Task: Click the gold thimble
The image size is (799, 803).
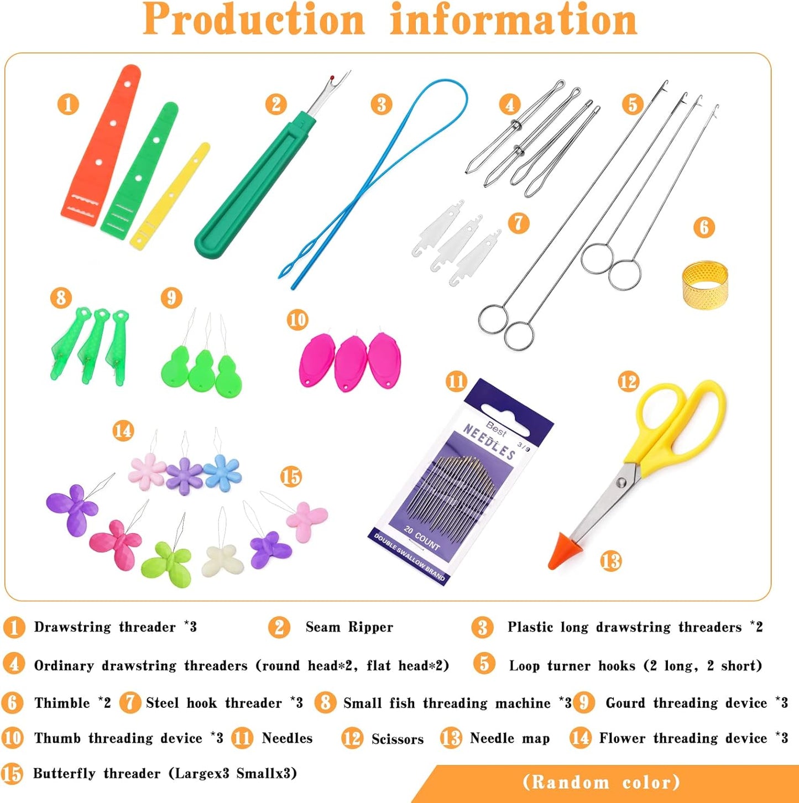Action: [705, 285]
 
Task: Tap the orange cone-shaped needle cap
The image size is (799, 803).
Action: [562, 551]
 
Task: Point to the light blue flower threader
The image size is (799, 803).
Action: [222, 472]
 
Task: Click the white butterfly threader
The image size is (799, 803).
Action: [223, 561]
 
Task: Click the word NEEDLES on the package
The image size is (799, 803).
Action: [489, 442]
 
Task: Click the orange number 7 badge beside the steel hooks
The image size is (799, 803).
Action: [518, 223]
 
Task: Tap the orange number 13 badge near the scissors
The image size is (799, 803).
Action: [610, 561]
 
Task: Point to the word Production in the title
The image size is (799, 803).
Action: [254, 20]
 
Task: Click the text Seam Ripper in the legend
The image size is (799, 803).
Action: [349, 627]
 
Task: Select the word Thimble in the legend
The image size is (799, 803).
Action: [62, 703]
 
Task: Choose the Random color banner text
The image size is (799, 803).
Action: [602, 783]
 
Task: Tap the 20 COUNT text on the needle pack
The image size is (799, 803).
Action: [422, 538]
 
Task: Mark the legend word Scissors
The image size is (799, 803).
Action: [398, 739]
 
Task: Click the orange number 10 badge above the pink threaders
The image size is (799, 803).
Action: [297, 320]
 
